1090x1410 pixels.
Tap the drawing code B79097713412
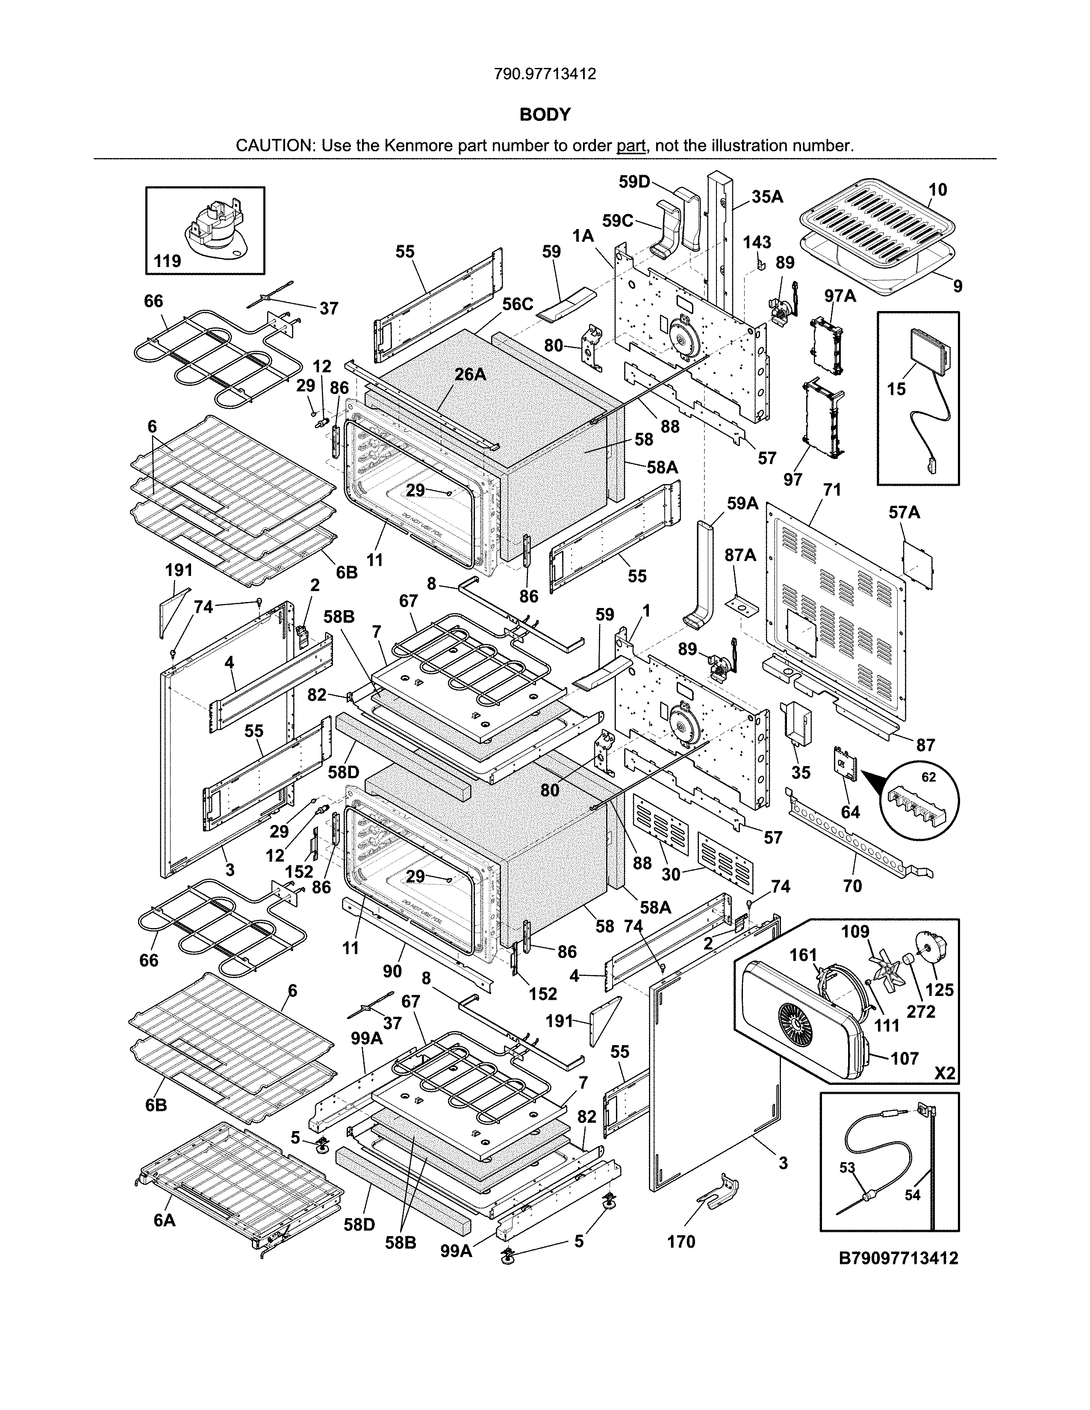[898, 1257]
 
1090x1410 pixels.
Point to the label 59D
[634, 182]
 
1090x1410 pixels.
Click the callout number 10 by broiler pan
[937, 189]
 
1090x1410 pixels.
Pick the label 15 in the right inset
[896, 389]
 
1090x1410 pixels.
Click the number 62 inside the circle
[928, 777]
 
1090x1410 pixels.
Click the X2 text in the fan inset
[944, 1073]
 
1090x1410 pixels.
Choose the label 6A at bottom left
[165, 1221]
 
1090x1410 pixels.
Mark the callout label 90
[392, 971]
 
